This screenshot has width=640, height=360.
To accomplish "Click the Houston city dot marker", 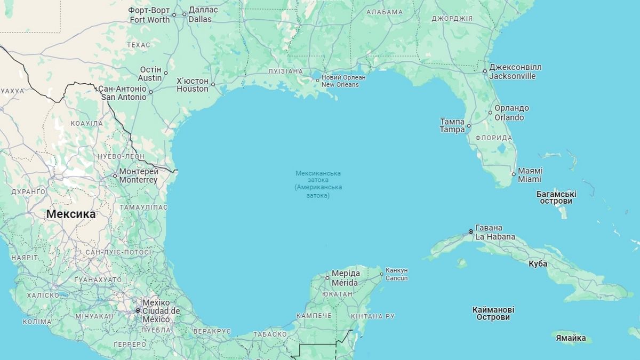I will pyautogui.click(x=213, y=84).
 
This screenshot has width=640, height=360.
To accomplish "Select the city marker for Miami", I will pyautogui.click(x=514, y=174).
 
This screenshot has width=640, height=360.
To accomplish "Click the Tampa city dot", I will pyautogui.click(x=469, y=126).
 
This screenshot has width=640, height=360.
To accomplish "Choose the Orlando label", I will pyautogui.click(x=509, y=117).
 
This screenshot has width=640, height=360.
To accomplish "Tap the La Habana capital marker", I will pyautogui.click(x=470, y=231).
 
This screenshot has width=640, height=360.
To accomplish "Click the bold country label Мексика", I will pyautogui.click(x=70, y=214).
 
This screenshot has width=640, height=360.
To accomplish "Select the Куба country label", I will pyautogui.click(x=538, y=263).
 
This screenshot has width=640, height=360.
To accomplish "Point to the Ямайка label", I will pyautogui.click(x=571, y=338).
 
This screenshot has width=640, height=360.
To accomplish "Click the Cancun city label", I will pyautogui.click(x=397, y=278).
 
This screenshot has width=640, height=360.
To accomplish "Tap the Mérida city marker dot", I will pyautogui.click(x=327, y=278).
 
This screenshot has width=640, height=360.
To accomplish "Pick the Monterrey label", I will pyautogui.click(x=138, y=180).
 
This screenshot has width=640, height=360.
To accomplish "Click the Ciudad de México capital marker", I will pyautogui.click(x=138, y=310).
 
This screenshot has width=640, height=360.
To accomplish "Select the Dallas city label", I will pyautogui.click(x=200, y=19).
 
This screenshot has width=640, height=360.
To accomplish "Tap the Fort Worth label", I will pyautogui.click(x=149, y=20).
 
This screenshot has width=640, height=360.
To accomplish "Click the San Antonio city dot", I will pyautogui.click(x=150, y=92).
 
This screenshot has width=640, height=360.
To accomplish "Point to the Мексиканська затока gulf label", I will pyautogui.click(x=318, y=185).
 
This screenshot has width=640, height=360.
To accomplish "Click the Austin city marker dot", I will pyautogui.click(x=165, y=73).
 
